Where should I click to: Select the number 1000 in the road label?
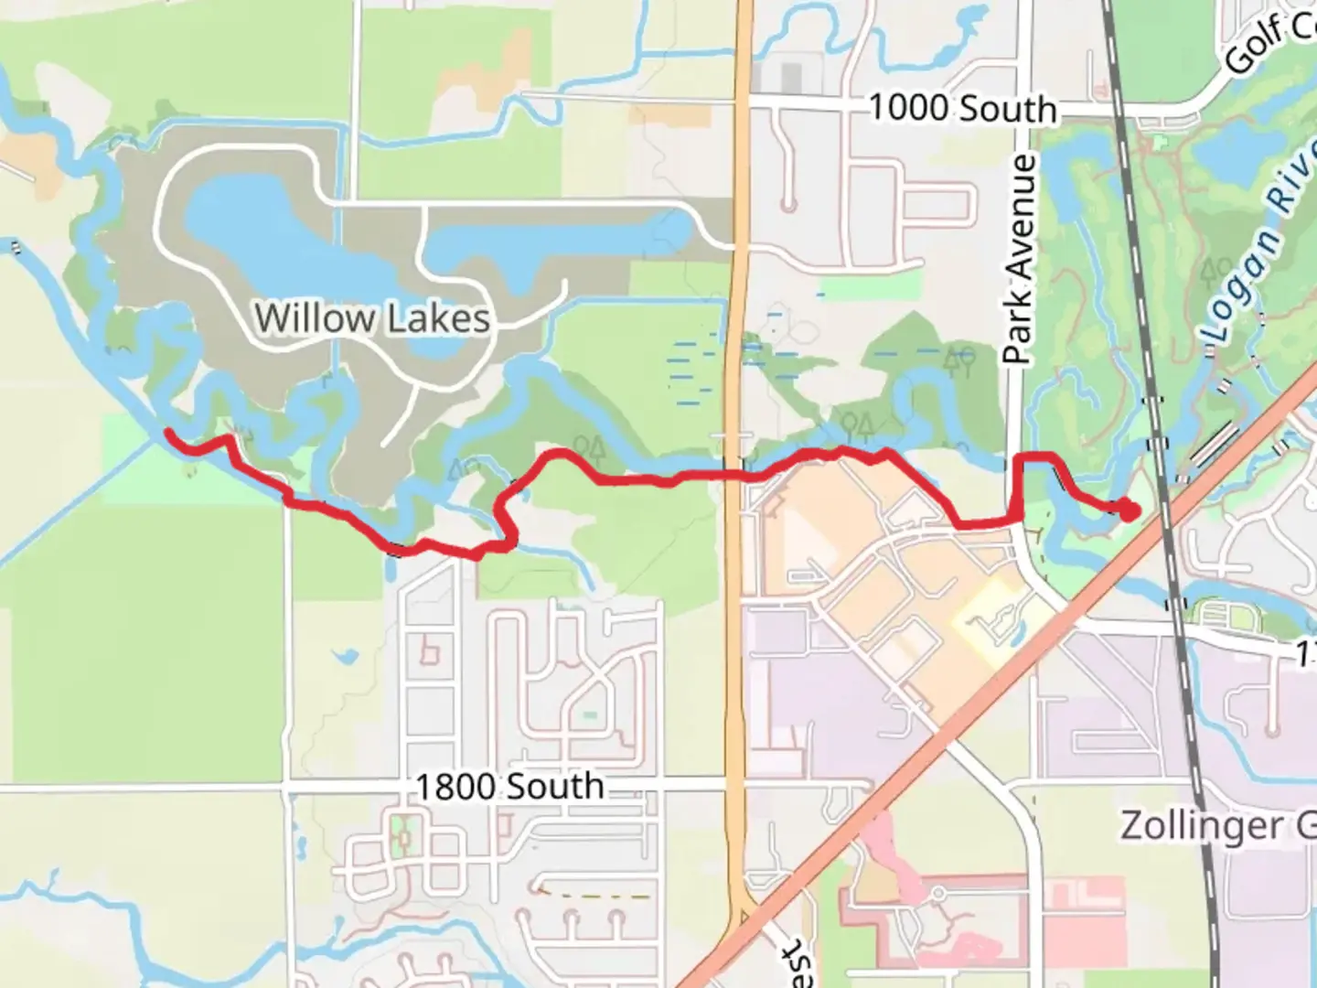click(x=908, y=107)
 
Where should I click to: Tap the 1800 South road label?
click(x=509, y=787)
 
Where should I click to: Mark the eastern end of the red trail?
click(x=1130, y=511)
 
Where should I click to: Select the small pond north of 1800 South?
click(x=346, y=656)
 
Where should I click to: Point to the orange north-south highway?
click(x=739, y=640)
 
